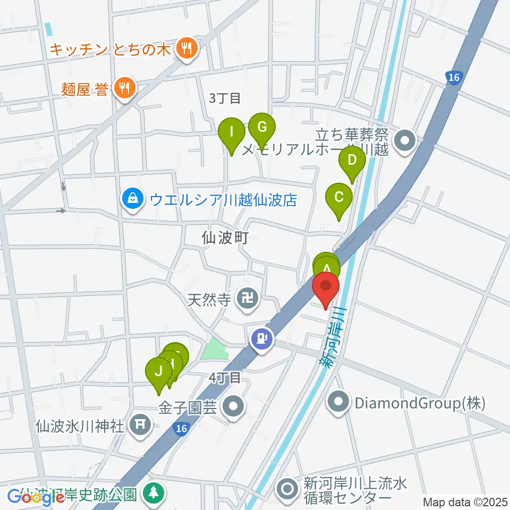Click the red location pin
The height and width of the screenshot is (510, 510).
[x=326, y=290]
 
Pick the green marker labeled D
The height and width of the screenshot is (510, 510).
[x=352, y=160]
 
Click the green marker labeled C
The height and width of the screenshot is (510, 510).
[x=339, y=198]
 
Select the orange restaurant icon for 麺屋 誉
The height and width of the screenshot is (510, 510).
[x=125, y=87]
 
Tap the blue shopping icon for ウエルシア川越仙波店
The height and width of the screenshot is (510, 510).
[x=131, y=200]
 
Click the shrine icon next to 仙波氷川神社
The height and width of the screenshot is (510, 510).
[x=140, y=424]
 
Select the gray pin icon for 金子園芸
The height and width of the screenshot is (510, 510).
[x=233, y=407]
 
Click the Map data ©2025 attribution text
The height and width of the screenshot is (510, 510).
[x=465, y=501]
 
